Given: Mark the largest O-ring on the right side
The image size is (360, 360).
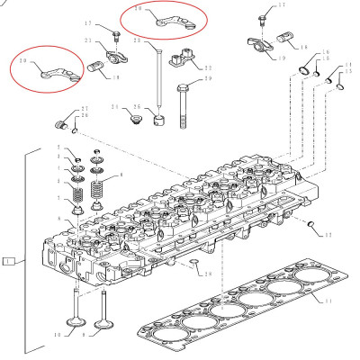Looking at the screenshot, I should tap(308, 70).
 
